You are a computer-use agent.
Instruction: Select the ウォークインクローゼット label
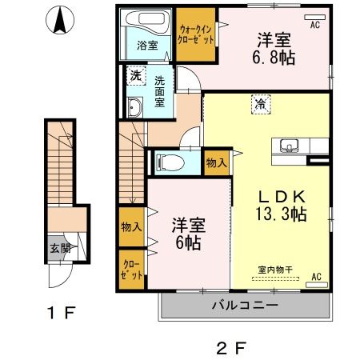(x=195, y=34)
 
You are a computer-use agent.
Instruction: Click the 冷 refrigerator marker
(x=261, y=103)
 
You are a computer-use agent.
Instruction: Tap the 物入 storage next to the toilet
(x=216, y=162)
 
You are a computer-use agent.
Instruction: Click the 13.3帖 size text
(x=281, y=214)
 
